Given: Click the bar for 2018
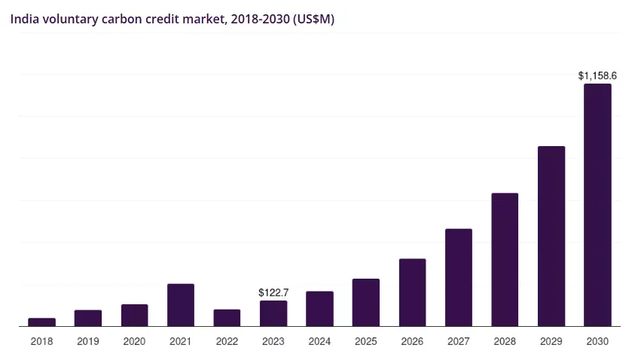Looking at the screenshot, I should [41, 322].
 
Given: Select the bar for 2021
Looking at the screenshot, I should [181, 305].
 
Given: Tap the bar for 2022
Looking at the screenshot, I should [227, 318].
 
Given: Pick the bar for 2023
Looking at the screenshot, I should [273, 313].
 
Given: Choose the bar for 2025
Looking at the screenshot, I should [366, 303].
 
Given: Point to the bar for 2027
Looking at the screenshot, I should [459, 277].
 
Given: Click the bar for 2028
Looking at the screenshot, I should [505, 260].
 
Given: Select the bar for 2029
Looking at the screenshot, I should [551, 236].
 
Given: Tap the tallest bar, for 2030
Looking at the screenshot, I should [597, 205].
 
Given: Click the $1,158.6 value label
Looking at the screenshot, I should [597, 75].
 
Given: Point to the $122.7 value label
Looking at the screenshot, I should [273, 292].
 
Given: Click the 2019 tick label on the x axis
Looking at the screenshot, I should [88, 342].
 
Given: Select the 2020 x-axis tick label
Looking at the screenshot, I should [134, 342].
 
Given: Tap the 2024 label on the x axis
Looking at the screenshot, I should [319, 342].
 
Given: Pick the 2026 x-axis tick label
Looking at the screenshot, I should [412, 342].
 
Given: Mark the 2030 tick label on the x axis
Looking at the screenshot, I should [597, 342].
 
